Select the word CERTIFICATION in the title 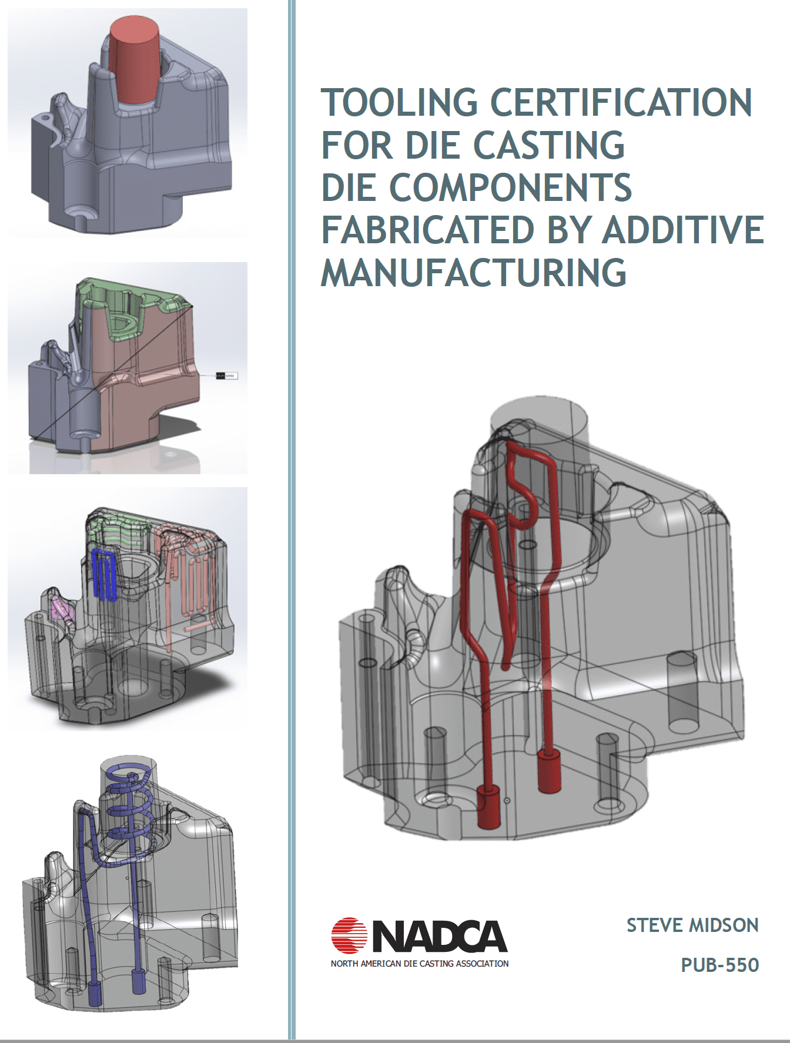click(x=621, y=102)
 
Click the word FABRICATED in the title click(x=427, y=230)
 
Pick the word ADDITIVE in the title click(x=683, y=230)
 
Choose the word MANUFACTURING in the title click(x=474, y=272)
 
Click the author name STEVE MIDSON click(x=692, y=925)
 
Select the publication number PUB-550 click(x=720, y=965)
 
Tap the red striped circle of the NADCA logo click(x=349, y=935)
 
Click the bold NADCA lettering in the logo click(x=440, y=936)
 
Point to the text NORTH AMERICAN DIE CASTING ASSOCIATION click(x=420, y=964)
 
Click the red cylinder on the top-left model click(x=135, y=61)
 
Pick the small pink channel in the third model click(x=61, y=609)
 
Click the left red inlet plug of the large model click(x=488, y=806)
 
